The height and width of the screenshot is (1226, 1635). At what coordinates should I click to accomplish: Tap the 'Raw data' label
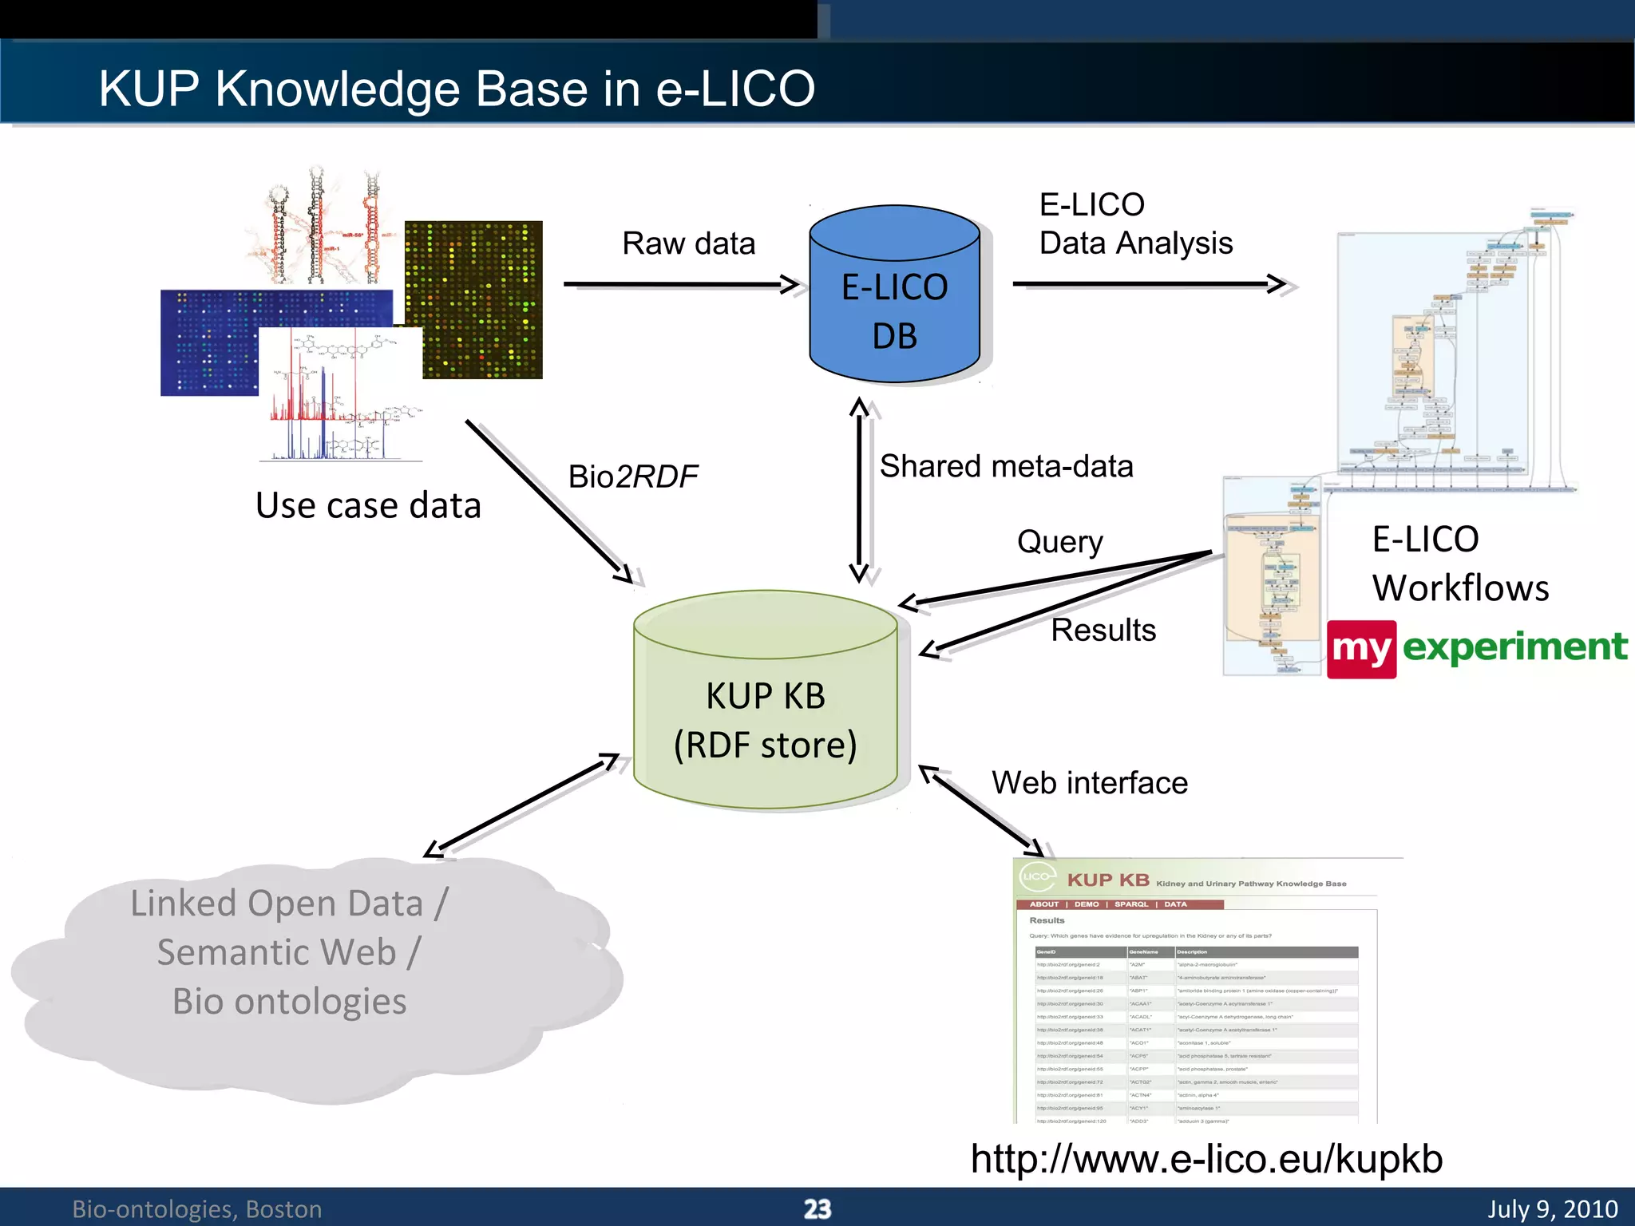pyautogui.click(x=688, y=243)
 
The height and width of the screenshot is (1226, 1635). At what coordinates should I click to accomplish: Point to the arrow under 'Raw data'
pyautogui.click(x=679, y=284)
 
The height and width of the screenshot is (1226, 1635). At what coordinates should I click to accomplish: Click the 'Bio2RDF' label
pyautogui.click(x=632, y=477)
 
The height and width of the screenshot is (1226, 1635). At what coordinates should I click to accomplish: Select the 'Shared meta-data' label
pyautogui.click(x=1006, y=466)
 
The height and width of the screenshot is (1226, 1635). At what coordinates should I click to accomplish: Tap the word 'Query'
pyautogui.click(x=1059, y=542)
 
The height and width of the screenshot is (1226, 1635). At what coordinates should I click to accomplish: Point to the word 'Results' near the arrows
pyautogui.click(x=1103, y=630)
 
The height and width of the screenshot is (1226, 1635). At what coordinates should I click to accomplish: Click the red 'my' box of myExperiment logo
pyautogui.click(x=1361, y=649)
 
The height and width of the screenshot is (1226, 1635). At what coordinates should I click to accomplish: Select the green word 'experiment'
pyautogui.click(x=1514, y=647)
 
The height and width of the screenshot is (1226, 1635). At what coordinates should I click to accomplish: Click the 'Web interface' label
pyautogui.click(x=1089, y=783)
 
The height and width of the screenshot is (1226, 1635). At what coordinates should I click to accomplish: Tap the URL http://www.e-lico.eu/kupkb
pyautogui.click(x=1205, y=1158)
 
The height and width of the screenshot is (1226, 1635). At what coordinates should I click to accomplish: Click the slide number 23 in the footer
pyautogui.click(x=817, y=1208)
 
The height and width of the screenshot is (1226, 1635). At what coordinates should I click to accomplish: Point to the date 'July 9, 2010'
pyautogui.click(x=1552, y=1208)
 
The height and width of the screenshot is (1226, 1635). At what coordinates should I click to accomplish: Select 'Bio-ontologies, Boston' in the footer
pyautogui.click(x=197, y=1209)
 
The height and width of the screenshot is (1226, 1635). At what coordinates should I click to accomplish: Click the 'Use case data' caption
pyautogui.click(x=368, y=506)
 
